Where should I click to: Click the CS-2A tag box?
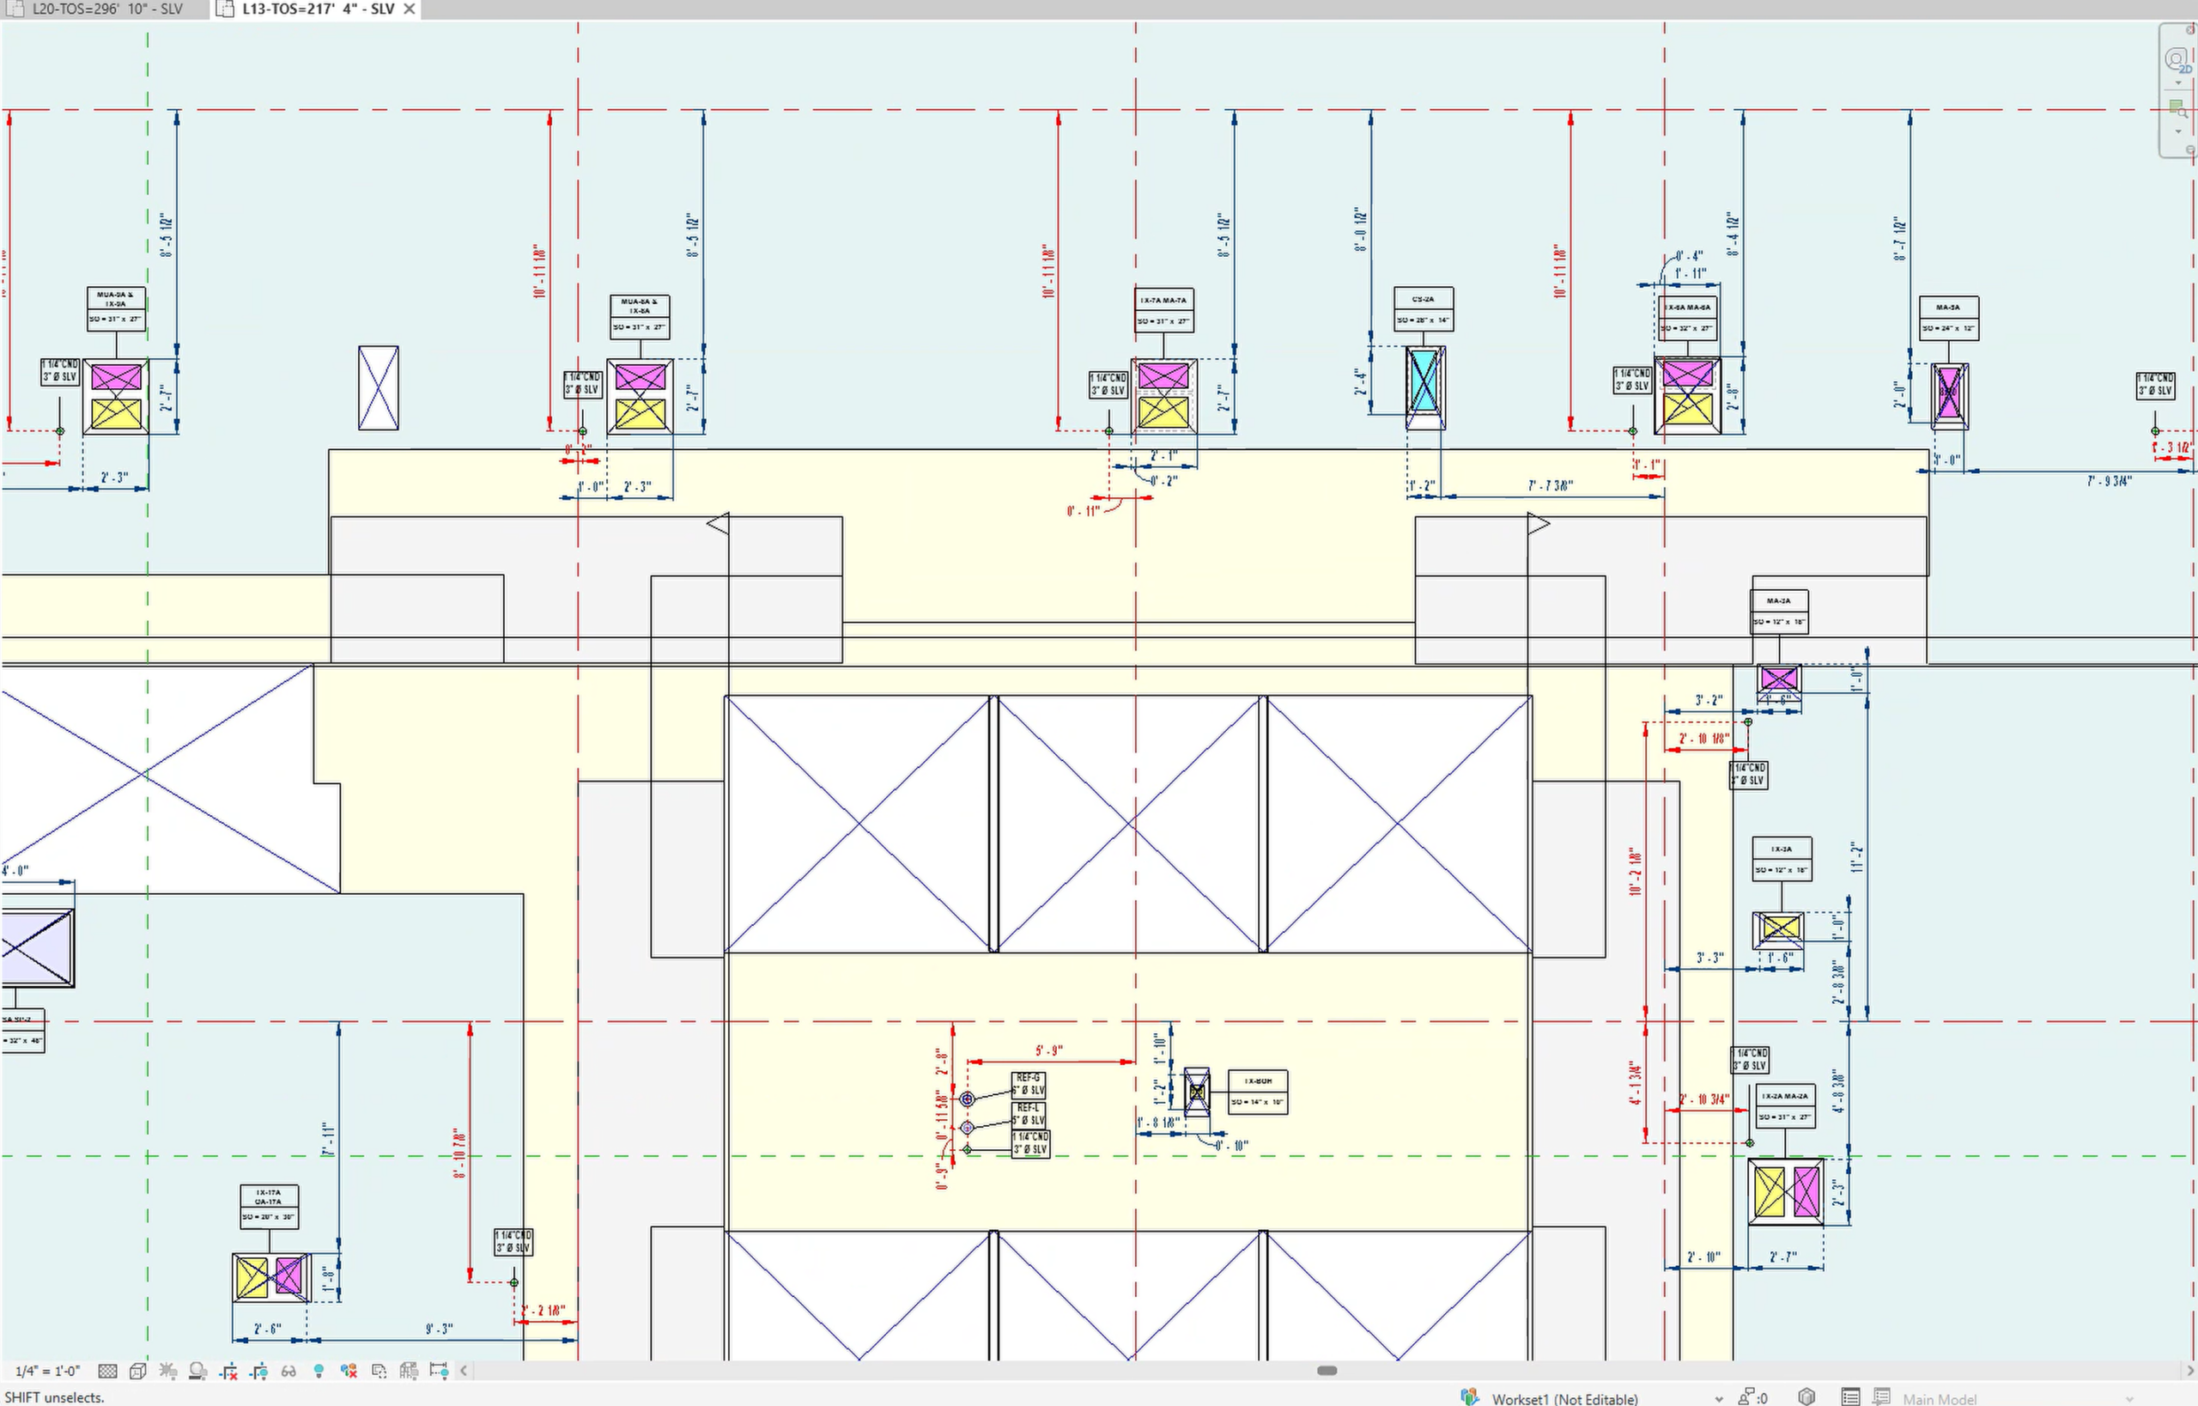click(1423, 308)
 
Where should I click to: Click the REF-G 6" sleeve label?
click(1029, 1085)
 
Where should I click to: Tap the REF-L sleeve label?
click(1029, 1114)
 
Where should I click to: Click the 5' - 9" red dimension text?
click(1049, 1050)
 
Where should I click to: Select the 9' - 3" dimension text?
click(439, 1329)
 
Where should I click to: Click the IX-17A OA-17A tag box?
click(269, 1207)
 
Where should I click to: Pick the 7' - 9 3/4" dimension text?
click(2110, 481)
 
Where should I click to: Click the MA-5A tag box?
click(1948, 318)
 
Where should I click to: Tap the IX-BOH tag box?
click(1257, 1091)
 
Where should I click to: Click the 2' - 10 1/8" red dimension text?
click(1703, 739)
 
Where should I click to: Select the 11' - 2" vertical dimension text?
click(1856, 857)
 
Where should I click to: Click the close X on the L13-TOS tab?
click(410, 9)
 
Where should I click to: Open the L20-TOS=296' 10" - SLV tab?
click(106, 9)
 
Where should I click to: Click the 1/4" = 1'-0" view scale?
click(47, 1371)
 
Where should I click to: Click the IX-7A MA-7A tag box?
click(1163, 310)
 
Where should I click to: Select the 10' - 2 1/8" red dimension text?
click(1636, 872)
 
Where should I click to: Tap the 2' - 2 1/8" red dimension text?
click(545, 1311)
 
